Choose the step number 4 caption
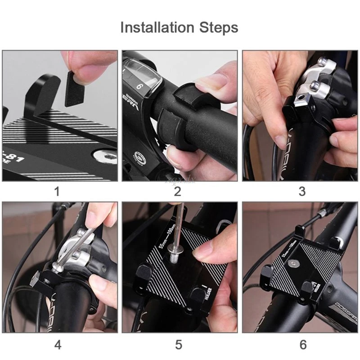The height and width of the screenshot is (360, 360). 58,345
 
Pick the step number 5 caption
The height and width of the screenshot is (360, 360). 179,345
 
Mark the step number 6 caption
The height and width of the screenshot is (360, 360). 302,345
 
